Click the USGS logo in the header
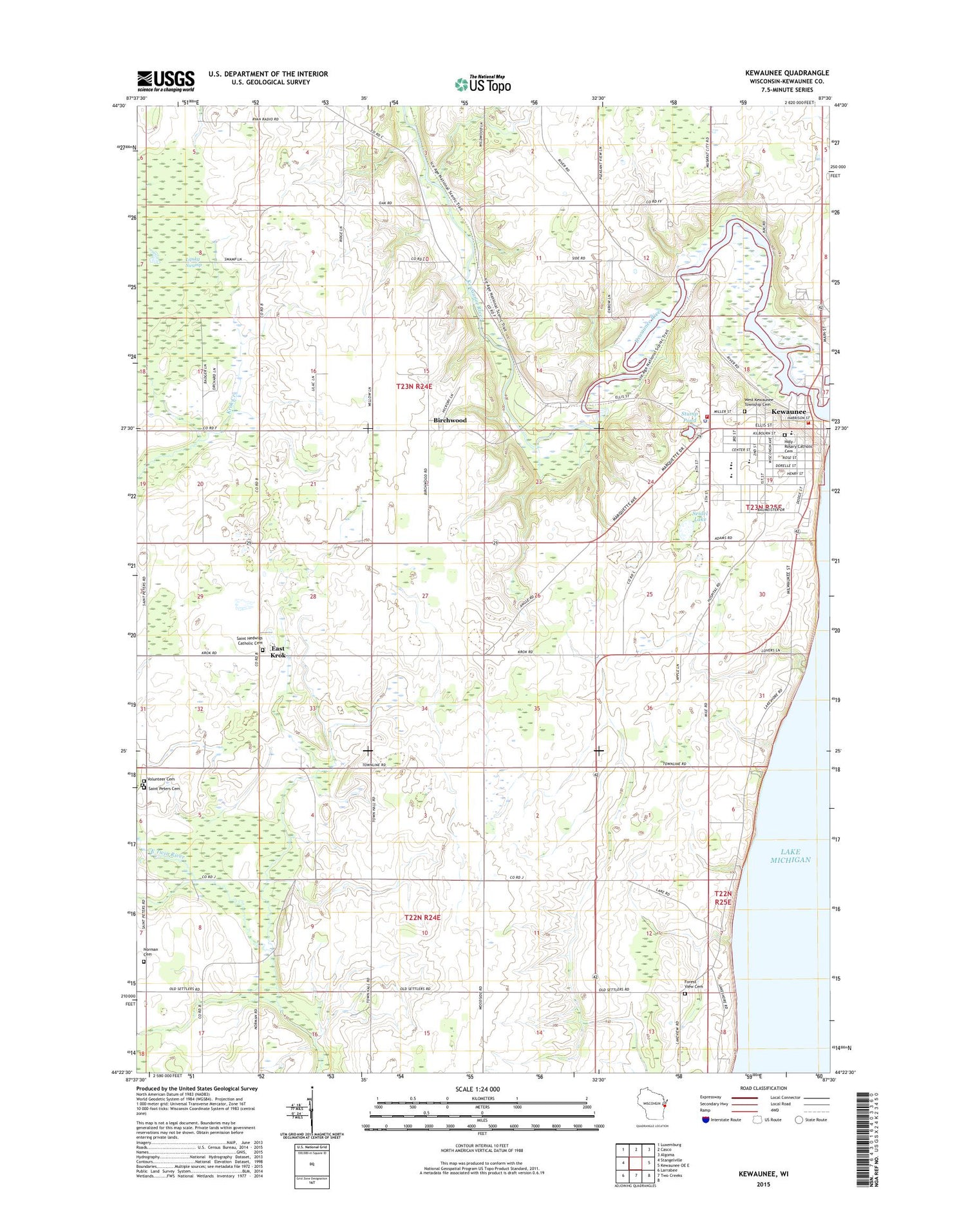166,79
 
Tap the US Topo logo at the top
483,84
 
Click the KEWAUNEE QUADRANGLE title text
787,73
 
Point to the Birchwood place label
450,420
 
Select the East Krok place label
278,652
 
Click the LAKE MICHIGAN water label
790,855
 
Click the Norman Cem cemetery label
150,952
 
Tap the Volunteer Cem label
161,779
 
